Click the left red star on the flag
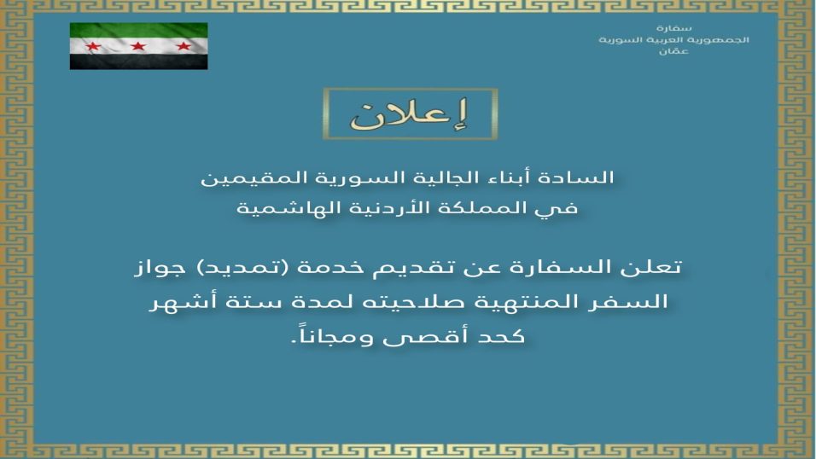[93, 46]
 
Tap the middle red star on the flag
[138, 46]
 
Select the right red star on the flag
[184, 46]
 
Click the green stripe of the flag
[138, 30]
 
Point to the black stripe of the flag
[138, 62]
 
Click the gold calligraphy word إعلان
[410, 114]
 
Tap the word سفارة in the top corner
[673, 28]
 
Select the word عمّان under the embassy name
[673, 51]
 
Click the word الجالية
[436, 177]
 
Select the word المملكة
[473, 208]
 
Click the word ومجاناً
[332, 335]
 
